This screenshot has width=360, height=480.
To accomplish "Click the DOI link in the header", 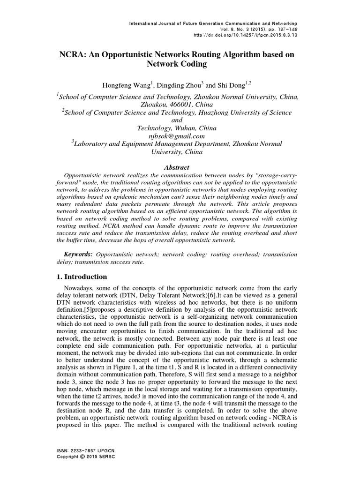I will pos(247,35).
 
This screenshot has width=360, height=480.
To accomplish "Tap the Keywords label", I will pos(77,254).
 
